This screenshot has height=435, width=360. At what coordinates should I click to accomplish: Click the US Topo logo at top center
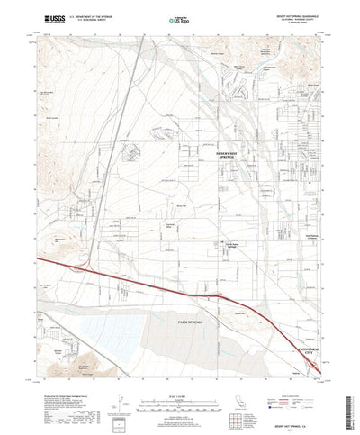(180, 18)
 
